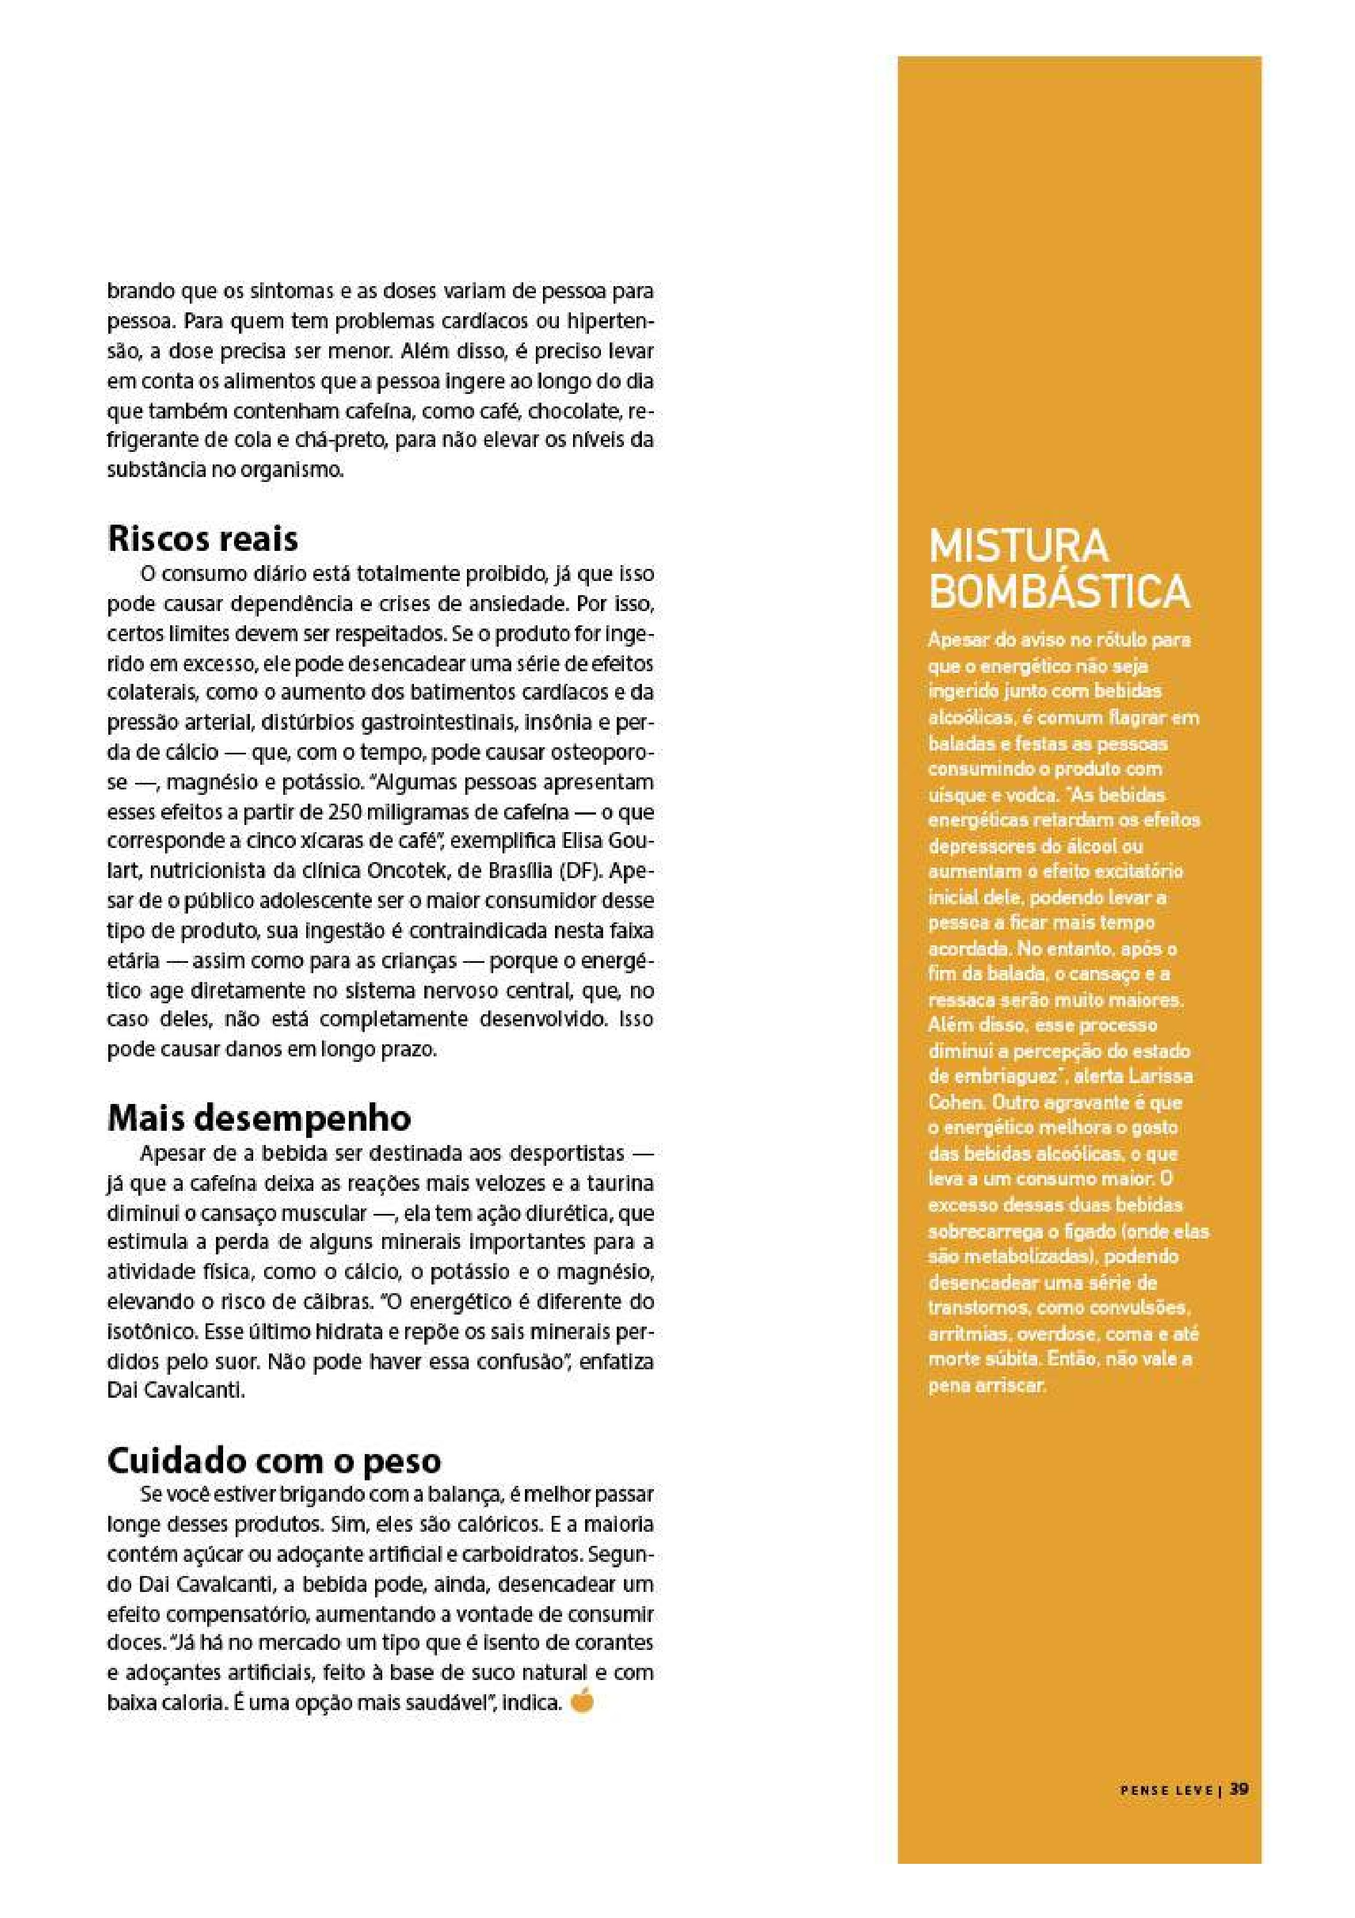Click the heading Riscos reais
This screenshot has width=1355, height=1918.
(x=203, y=539)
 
